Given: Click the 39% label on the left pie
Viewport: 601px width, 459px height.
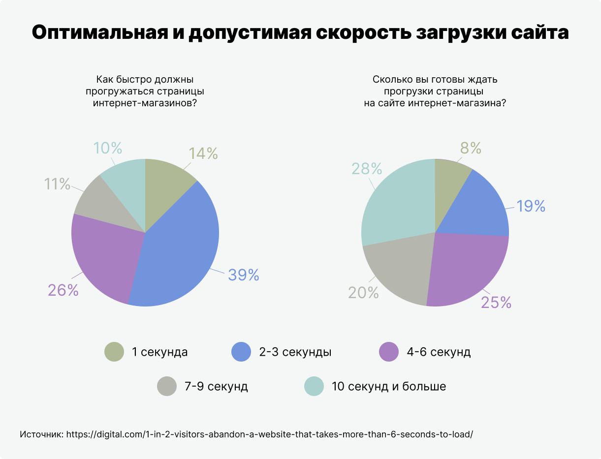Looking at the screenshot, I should pyautogui.click(x=243, y=275).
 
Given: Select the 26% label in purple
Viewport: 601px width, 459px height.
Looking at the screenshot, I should pyautogui.click(x=63, y=290).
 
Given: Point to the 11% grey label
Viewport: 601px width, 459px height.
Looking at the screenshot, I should pyautogui.click(x=57, y=184).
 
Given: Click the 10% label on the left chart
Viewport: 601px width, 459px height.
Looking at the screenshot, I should pyautogui.click(x=107, y=148).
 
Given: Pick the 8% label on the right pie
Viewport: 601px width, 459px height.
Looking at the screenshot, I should pyautogui.click(x=471, y=148).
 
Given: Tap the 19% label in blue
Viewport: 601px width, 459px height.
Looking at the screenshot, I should pyautogui.click(x=531, y=206).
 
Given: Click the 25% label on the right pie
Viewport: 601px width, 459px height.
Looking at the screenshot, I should pyautogui.click(x=496, y=303).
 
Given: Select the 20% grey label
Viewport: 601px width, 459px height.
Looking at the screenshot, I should pyautogui.click(x=363, y=293).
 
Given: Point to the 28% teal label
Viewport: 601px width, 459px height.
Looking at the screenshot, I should pyautogui.click(x=367, y=169).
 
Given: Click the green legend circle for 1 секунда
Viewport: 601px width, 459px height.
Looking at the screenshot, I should pyautogui.click(x=114, y=352).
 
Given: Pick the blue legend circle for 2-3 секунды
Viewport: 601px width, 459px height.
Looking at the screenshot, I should pyautogui.click(x=241, y=352).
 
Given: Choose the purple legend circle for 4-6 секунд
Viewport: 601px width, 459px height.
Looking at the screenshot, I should pyautogui.click(x=389, y=352).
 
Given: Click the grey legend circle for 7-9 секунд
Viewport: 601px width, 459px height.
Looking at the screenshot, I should pyautogui.click(x=167, y=386).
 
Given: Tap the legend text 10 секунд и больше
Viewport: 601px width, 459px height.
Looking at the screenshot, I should pyautogui.click(x=389, y=386).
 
